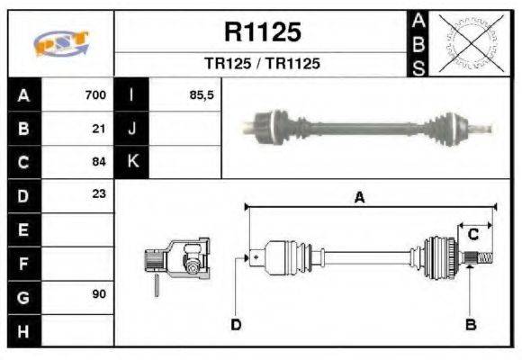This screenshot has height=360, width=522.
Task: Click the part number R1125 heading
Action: [x=262, y=33]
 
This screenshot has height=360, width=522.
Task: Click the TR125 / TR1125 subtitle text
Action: [x=262, y=64]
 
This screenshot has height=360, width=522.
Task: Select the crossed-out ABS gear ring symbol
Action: [x=467, y=43]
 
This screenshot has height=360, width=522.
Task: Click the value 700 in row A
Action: [x=95, y=94]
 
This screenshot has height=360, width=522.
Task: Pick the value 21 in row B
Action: [x=100, y=128]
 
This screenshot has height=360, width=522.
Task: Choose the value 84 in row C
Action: [x=100, y=162]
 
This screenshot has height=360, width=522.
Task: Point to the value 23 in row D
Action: [x=100, y=193]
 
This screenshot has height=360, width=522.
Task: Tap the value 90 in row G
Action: [x=100, y=295]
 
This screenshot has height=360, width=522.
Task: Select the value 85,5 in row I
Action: [x=202, y=94]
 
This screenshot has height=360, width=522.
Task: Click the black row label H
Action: [x=23, y=329]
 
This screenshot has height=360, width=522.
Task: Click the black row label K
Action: [x=132, y=162]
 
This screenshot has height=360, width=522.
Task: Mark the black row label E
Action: [x=23, y=229]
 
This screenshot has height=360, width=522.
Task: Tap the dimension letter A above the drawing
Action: [x=359, y=199]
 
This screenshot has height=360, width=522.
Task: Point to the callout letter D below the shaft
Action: [x=236, y=325]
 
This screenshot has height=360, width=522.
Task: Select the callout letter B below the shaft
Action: [x=469, y=325]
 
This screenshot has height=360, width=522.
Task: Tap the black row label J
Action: [x=132, y=128]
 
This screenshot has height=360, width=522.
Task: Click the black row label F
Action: [x=23, y=262]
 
